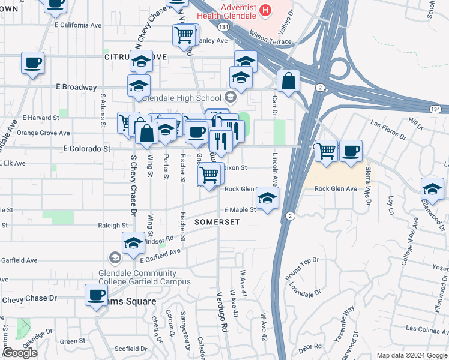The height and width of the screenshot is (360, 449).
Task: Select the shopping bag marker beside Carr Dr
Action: tap(289, 82)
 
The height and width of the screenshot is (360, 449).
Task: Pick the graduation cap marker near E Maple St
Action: tap(267, 198)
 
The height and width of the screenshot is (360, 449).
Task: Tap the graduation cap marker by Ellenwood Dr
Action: tap(432, 190)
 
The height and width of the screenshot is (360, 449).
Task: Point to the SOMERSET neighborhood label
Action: tap(217, 222)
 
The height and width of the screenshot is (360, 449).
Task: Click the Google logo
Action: tap(20, 353)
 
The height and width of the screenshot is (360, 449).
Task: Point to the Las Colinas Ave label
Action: tap(427, 329)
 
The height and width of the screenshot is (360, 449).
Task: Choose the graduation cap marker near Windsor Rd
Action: tap(133, 244)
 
